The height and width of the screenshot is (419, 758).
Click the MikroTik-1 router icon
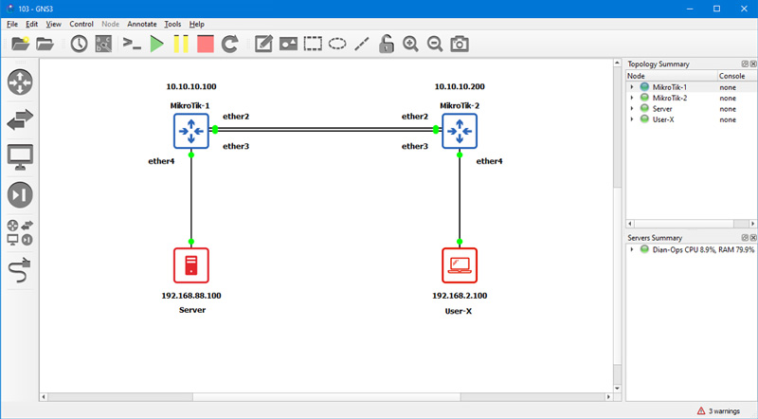[x=191, y=130]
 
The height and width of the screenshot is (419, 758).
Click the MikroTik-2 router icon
[x=460, y=130]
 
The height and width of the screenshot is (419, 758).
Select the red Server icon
[x=191, y=265]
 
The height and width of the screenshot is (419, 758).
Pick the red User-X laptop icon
[x=460, y=265]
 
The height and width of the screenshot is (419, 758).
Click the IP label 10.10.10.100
[x=191, y=85]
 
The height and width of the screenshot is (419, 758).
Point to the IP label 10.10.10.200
[x=460, y=85]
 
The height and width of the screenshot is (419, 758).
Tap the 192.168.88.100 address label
[x=191, y=296]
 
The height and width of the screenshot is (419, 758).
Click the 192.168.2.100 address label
[x=460, y=296]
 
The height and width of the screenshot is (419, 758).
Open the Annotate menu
[x=142, y=23]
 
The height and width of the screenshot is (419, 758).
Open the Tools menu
[x=172, y=23]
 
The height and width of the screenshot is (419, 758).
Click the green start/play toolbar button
[x=156, y=44]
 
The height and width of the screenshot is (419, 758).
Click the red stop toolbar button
[x=206, y=44]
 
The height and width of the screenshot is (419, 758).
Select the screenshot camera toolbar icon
[x=460, y=44]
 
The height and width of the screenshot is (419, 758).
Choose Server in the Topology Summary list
[x=663, y=109]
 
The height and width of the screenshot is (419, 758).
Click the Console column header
[x=731, y=76]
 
